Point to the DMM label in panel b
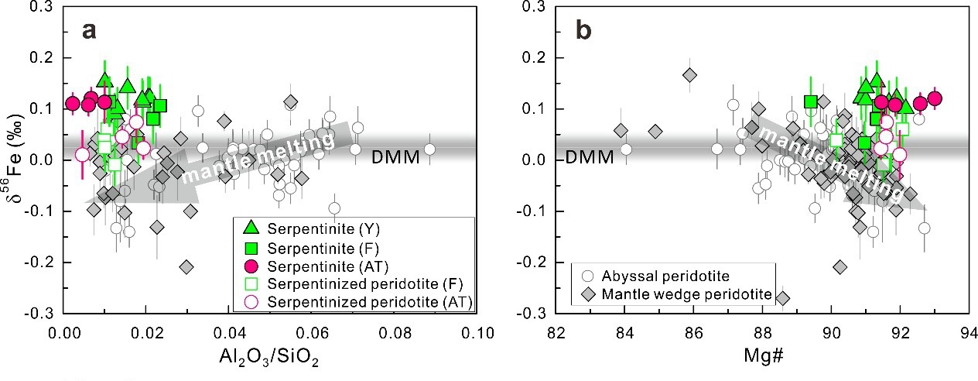pos(589,158)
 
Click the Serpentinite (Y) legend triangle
pos(250,228)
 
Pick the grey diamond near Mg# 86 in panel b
pos(689,75)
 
